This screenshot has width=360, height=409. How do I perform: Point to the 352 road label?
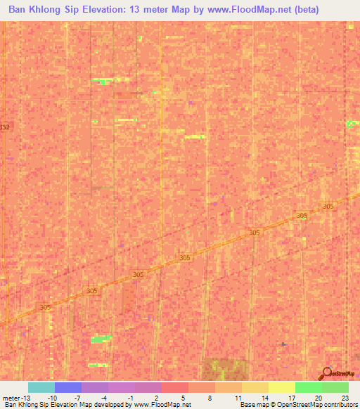(5, 127)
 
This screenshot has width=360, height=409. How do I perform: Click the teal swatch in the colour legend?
(41, 387)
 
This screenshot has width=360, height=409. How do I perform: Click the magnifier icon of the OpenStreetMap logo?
(326, 374)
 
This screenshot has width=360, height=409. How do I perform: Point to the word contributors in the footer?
(340, 405)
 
